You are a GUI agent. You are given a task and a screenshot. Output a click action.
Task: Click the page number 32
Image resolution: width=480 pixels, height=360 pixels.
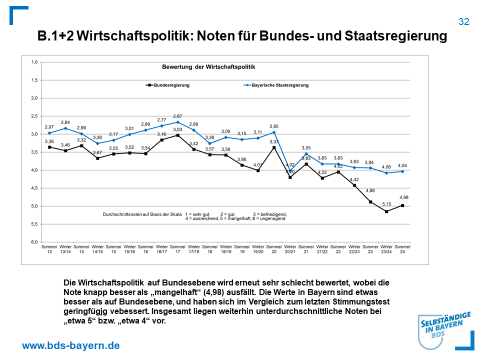463,21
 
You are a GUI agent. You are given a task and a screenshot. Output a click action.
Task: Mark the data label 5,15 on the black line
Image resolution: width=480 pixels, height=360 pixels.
386,204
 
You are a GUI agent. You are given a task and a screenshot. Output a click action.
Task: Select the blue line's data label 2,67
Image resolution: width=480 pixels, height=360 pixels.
177,116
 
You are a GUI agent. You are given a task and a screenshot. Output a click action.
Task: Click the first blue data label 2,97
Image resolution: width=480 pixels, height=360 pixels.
48,127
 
